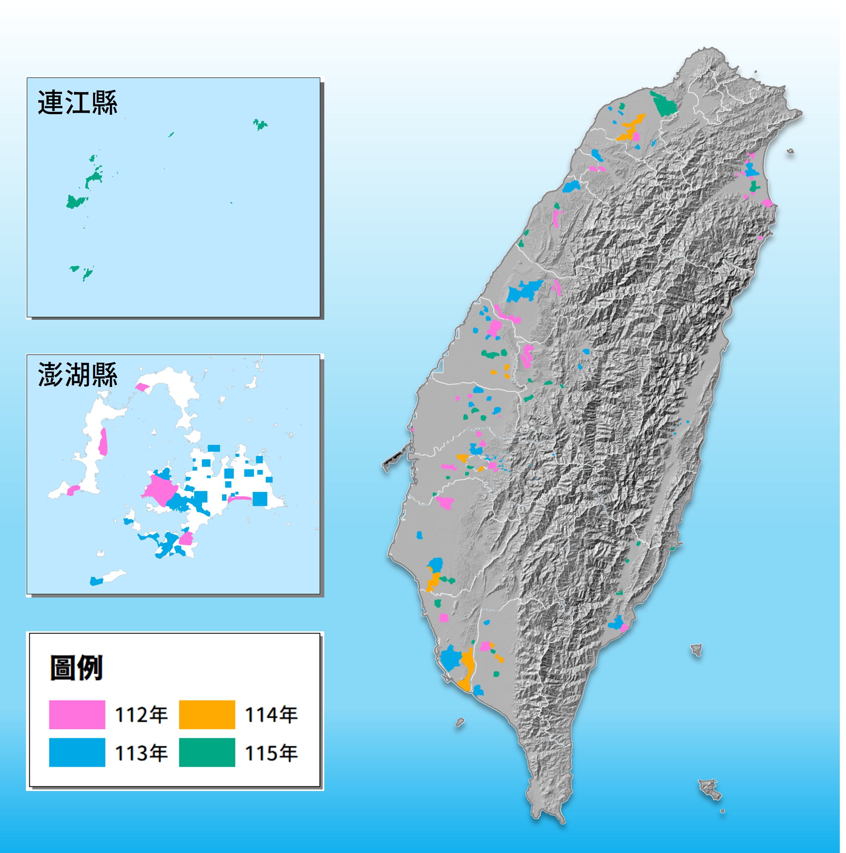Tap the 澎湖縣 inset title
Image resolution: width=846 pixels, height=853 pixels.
pos(77,375)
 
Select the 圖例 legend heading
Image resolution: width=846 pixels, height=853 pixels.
pos(76,668)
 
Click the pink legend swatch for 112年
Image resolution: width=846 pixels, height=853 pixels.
pos(77,714)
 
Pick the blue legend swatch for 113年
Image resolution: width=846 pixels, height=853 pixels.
pos(77,752)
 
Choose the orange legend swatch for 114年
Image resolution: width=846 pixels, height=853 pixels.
pos(207,714)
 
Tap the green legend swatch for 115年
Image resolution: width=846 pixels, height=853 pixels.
pos(207,752)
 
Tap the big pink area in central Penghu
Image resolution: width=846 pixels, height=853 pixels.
pos(160,490)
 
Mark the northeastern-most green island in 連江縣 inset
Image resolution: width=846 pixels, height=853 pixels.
pos(260,125)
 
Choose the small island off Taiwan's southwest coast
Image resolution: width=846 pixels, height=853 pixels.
pos(460,723)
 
